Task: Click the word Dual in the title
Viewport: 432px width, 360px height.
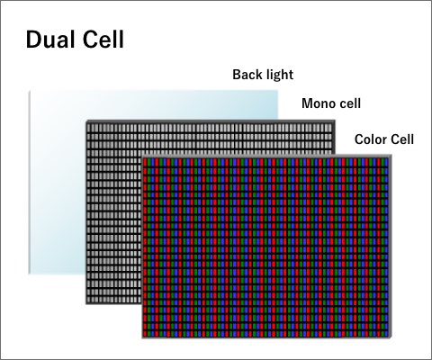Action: point(50,40)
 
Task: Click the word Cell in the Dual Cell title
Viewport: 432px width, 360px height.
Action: point(103,40)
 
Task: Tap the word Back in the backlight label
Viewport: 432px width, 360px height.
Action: point(247,75)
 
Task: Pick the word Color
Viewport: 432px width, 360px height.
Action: point(369,139)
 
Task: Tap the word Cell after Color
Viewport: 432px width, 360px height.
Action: point(401,139)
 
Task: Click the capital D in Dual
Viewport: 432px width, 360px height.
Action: point(32,40)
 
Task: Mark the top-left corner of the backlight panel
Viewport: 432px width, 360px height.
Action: point(29,91)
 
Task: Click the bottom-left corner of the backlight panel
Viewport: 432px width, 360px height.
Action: point(29,274)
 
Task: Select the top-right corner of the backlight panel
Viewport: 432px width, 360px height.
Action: point(277,91)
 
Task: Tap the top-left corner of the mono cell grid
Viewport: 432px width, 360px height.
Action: point(86,121)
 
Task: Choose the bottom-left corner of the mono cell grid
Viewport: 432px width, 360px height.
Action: point(86,304)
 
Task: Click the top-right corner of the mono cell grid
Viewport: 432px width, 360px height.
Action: point(335,121)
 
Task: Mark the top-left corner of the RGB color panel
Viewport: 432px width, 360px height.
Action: point(142,155)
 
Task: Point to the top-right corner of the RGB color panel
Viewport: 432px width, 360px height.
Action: point(391,155)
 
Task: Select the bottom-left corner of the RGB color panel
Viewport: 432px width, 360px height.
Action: point(142,338)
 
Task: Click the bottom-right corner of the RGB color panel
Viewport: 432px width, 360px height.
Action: point(391,338)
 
